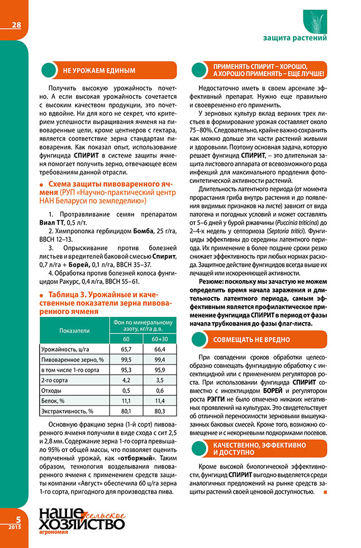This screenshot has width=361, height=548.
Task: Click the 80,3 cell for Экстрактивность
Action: [160, 411]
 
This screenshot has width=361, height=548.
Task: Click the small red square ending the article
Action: [325, 492]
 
